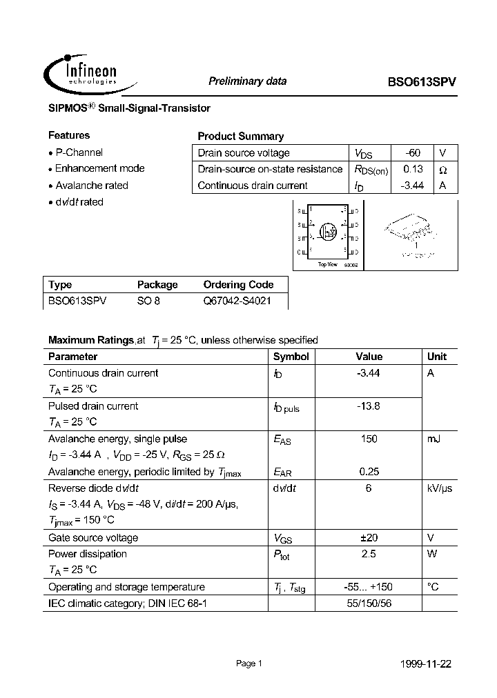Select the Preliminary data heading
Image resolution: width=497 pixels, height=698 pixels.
click(x=247, y=81)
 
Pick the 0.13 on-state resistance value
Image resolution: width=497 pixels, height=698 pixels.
click(x=413, y=169)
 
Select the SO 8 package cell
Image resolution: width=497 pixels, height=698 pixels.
click(x=148, y=301)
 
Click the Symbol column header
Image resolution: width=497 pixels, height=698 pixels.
click(x=291, y=357)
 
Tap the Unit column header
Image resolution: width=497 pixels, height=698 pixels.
click(x=437, y=357)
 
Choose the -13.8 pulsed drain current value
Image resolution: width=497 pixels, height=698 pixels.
click(x=369, y=406)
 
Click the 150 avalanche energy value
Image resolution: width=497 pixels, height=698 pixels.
click(x=369, y=439)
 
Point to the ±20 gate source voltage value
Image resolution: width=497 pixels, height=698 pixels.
click(x=369, y=538)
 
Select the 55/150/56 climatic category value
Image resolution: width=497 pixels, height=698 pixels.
click(x=369, y=604)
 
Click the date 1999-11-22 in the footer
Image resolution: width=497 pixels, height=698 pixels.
click(x=426, y=664)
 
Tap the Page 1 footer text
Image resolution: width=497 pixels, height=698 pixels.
click(x=248, y=664)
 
